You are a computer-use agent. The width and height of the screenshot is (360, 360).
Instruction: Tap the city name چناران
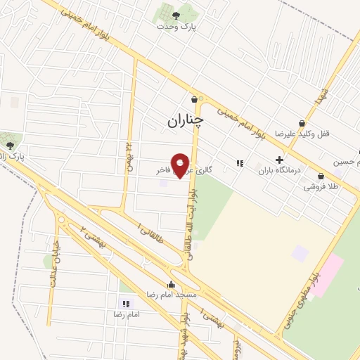point(185,120)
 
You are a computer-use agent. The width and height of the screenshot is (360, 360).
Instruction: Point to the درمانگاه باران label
point(279,170)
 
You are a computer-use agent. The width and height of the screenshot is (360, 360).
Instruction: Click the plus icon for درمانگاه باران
point(279,160)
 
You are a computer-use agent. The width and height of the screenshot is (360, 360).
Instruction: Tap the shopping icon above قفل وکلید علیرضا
point(302,123)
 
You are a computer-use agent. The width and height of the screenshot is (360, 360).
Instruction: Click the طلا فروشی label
point(321,187)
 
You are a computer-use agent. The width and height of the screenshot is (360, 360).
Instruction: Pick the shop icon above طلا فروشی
point(321,176)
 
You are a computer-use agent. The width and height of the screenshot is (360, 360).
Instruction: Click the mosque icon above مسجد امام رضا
point(172,285)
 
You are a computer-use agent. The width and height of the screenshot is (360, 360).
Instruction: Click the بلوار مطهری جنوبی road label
point(301,295)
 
